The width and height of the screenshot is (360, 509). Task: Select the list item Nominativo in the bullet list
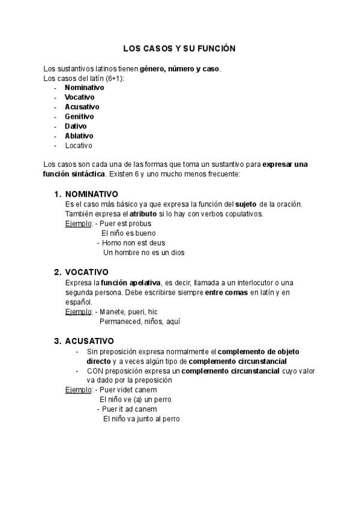[x=84, y=87]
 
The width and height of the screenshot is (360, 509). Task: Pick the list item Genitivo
[x=79, y=116]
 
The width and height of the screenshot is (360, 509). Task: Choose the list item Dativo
[x=76, y=126]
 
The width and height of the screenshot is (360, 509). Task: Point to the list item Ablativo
[x=79, y=136]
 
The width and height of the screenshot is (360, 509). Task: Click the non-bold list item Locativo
[x=79, y=145]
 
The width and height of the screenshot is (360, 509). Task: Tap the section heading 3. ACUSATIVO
[x=84, y=341]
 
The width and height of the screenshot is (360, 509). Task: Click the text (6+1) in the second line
[x=113, y=77]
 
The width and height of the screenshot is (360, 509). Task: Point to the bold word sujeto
[x=245, y=204]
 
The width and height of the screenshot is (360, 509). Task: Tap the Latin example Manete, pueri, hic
[x=128, y=312]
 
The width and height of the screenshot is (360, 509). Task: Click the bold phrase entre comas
[x=226, y=292]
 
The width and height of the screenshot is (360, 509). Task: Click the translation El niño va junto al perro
[x=142, y=419]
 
